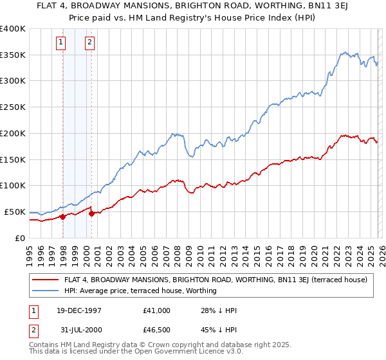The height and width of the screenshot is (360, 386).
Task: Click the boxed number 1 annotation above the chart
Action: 60,43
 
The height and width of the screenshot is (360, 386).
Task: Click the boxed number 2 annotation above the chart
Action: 89,43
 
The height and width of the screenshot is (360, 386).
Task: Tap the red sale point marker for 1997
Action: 62,217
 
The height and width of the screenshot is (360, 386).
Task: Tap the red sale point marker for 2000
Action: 92,213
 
